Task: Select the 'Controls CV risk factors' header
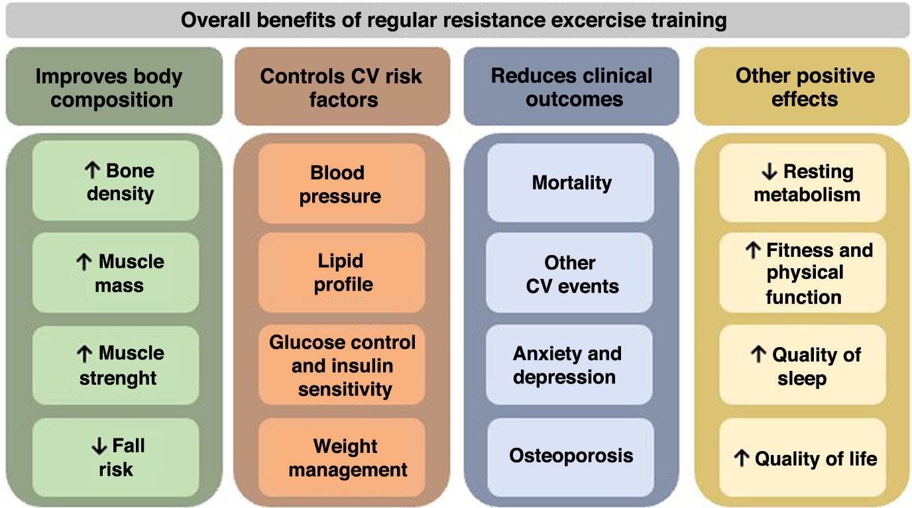pyautogui.click(x=341, y=87)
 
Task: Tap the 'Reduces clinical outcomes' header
pyautogui.click(x=571, y=87)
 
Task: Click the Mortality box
pyautogui.click(x=571, y=183)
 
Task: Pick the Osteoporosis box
pyautogui.click(x=571, y=456)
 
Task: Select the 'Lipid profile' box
pyautogui.click(x=342, y=273)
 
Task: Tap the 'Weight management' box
pyautogui.click(x=342, y=458)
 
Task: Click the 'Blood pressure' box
pyautogui.click(x=341, y=184)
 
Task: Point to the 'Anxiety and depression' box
pyautogui.click(x=569, y=365)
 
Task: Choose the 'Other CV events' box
pyautogui.click(x=571, y=274)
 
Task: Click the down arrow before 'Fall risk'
pyautogui.click(x=99, y=446)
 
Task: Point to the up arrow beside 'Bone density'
pyautogui.click(x=92, y=170)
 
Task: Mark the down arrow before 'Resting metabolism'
pyautogui.click(x=769, y=172)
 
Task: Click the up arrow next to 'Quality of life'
pyautogui.click(x=742, y=458)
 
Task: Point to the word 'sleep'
pyautogui.click(x=802, y=380)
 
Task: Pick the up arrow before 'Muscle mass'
pyautogui.click(x=85, y=262)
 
